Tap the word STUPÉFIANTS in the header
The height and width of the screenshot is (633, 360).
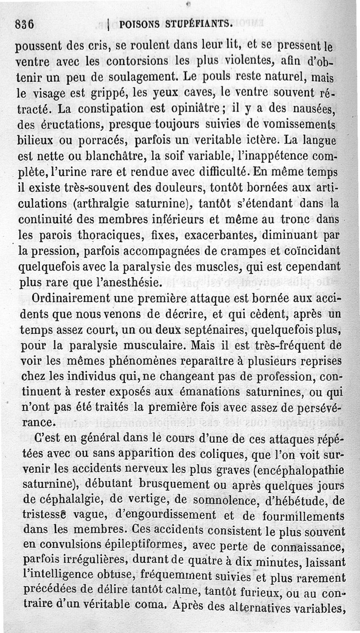click(x=198, y=23)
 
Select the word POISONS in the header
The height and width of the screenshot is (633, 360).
click(x=140, y=23)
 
